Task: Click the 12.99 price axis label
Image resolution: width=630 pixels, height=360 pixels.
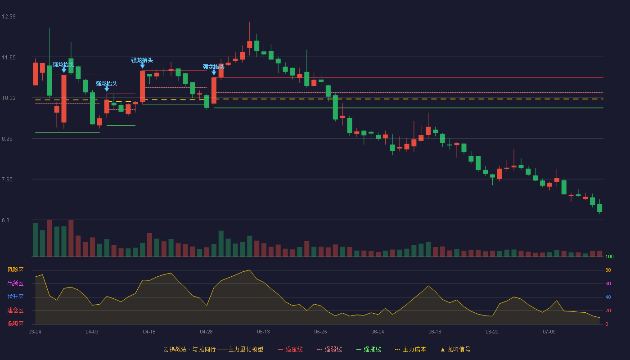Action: (9, 17)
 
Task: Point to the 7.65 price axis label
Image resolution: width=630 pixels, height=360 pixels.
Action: (7, 180)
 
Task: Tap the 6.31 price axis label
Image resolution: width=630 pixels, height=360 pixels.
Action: (7, 220)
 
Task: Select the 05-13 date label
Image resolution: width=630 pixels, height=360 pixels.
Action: (263, 332)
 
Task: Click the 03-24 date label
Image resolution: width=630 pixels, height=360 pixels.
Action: (35, 332)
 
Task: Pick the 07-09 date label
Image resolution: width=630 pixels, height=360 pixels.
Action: (549, 332)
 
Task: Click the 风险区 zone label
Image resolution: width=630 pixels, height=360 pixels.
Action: (15, 270)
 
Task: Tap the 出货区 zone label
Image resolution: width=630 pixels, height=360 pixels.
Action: (15, 283)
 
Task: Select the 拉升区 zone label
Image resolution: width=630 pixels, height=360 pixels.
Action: (15, 297)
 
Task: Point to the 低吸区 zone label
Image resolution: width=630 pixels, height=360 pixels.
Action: (15, 324)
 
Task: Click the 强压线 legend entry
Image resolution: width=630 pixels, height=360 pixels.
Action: (290, 349)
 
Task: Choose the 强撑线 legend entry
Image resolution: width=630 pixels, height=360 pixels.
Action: (369, 349)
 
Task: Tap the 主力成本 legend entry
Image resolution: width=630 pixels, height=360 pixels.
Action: (410, 349)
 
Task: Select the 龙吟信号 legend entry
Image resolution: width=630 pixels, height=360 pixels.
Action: (455, 349)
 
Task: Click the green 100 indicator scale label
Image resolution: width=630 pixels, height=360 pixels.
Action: (609, 256)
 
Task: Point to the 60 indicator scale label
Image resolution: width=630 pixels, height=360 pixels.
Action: (608, 283)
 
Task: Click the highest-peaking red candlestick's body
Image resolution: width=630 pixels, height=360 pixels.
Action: (249, 45)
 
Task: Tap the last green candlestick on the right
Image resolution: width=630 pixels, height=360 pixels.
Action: (599, 208)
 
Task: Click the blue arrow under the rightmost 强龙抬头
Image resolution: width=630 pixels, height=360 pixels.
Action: (214, 72)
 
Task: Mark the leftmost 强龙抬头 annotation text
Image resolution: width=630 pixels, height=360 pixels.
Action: (63, 65)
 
